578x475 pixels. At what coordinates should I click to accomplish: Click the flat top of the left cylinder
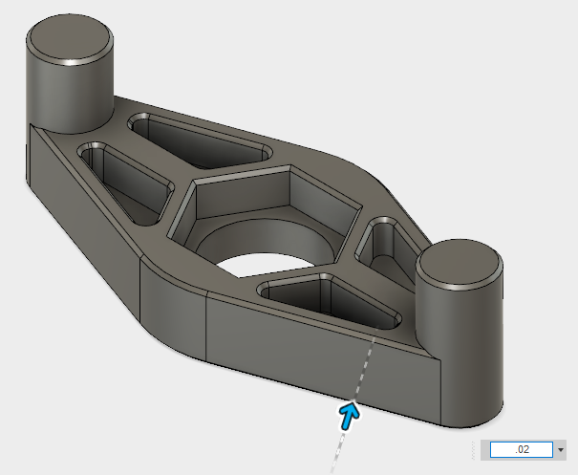tap(69, 40)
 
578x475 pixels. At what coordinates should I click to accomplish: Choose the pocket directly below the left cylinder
tap(119, 177)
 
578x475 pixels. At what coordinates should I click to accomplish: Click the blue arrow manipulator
tap(349, 413)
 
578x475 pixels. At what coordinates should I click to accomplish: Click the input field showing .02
tap(521, 449)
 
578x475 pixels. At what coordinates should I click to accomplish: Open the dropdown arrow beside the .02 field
tap(560, 449)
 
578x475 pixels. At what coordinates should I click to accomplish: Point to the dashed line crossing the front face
tap(361, 368)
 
